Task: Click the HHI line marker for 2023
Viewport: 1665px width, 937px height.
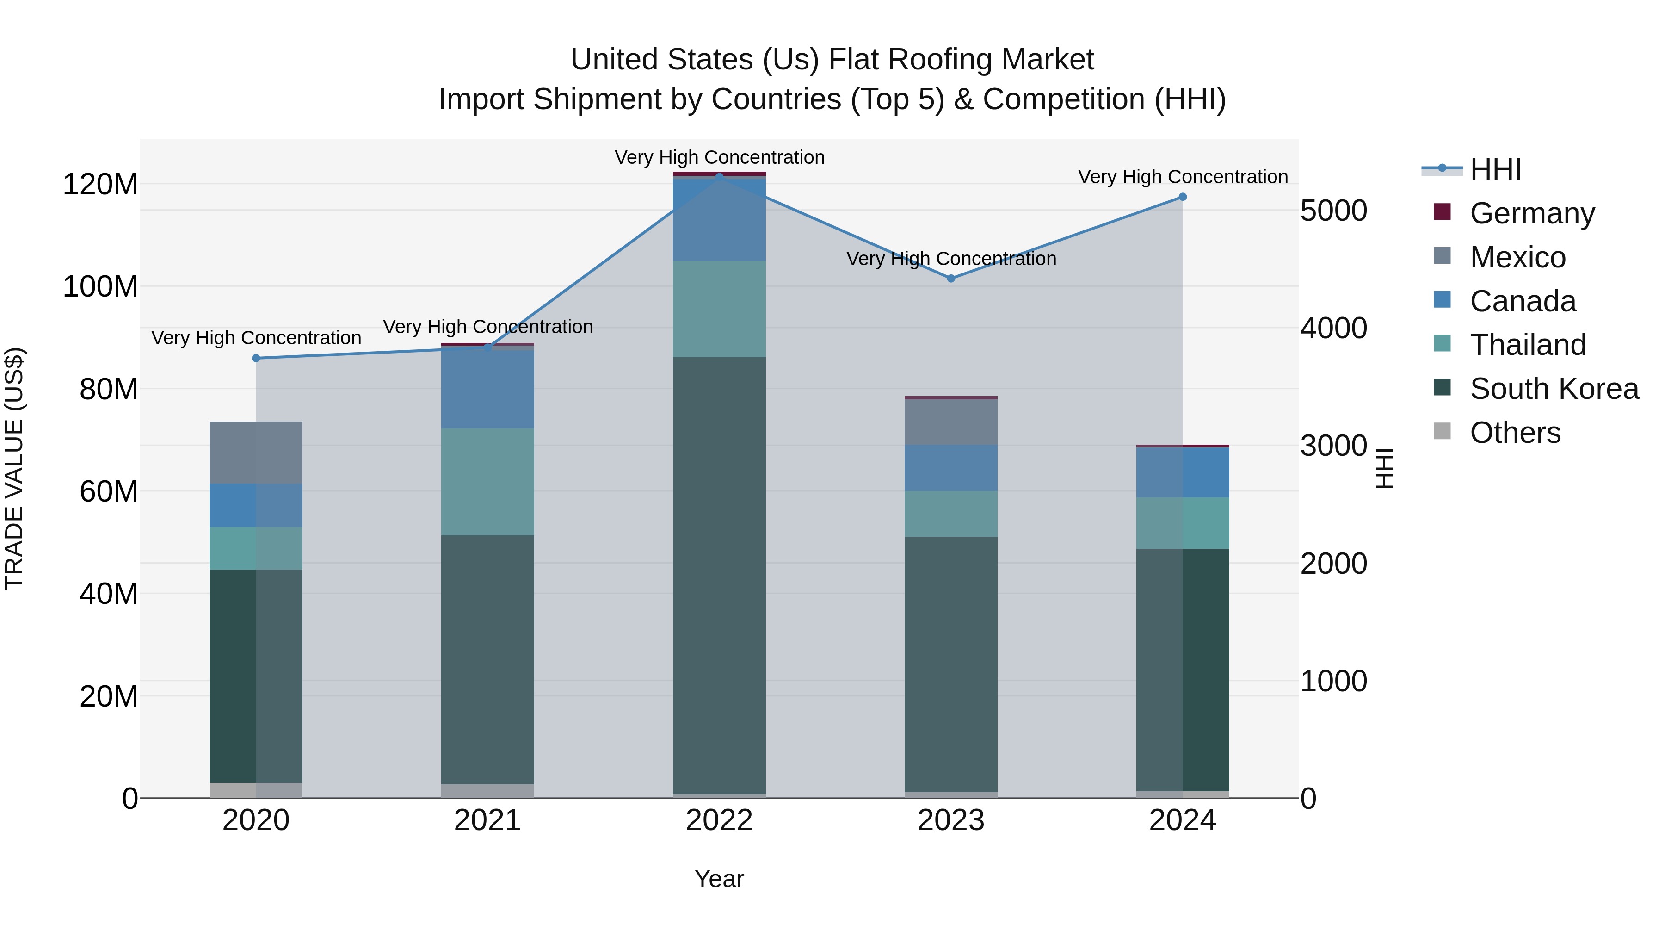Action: point(951,279)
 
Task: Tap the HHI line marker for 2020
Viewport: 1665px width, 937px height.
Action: point(256,358)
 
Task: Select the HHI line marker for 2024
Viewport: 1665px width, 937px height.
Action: point(1183,197)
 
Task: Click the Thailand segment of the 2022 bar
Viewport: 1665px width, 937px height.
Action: point(719,309)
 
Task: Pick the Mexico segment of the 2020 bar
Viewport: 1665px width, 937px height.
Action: point(256,453)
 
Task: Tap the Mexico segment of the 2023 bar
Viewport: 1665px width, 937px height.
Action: point(951,422)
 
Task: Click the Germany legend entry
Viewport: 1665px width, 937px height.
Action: point(1532,213)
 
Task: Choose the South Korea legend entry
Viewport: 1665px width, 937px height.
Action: point(1554,389)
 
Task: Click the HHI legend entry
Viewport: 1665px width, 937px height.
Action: point(1495,169)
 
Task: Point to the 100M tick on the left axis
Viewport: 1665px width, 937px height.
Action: point(100,286)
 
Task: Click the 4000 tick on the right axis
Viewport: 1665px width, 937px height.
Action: point(1333,329)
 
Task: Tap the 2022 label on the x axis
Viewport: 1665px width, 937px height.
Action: point(719,820)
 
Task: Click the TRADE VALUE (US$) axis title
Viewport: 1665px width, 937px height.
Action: point(14,468)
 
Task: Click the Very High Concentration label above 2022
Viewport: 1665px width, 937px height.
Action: point(719,158)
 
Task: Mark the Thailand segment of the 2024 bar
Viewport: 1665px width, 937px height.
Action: point(1183,523)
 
